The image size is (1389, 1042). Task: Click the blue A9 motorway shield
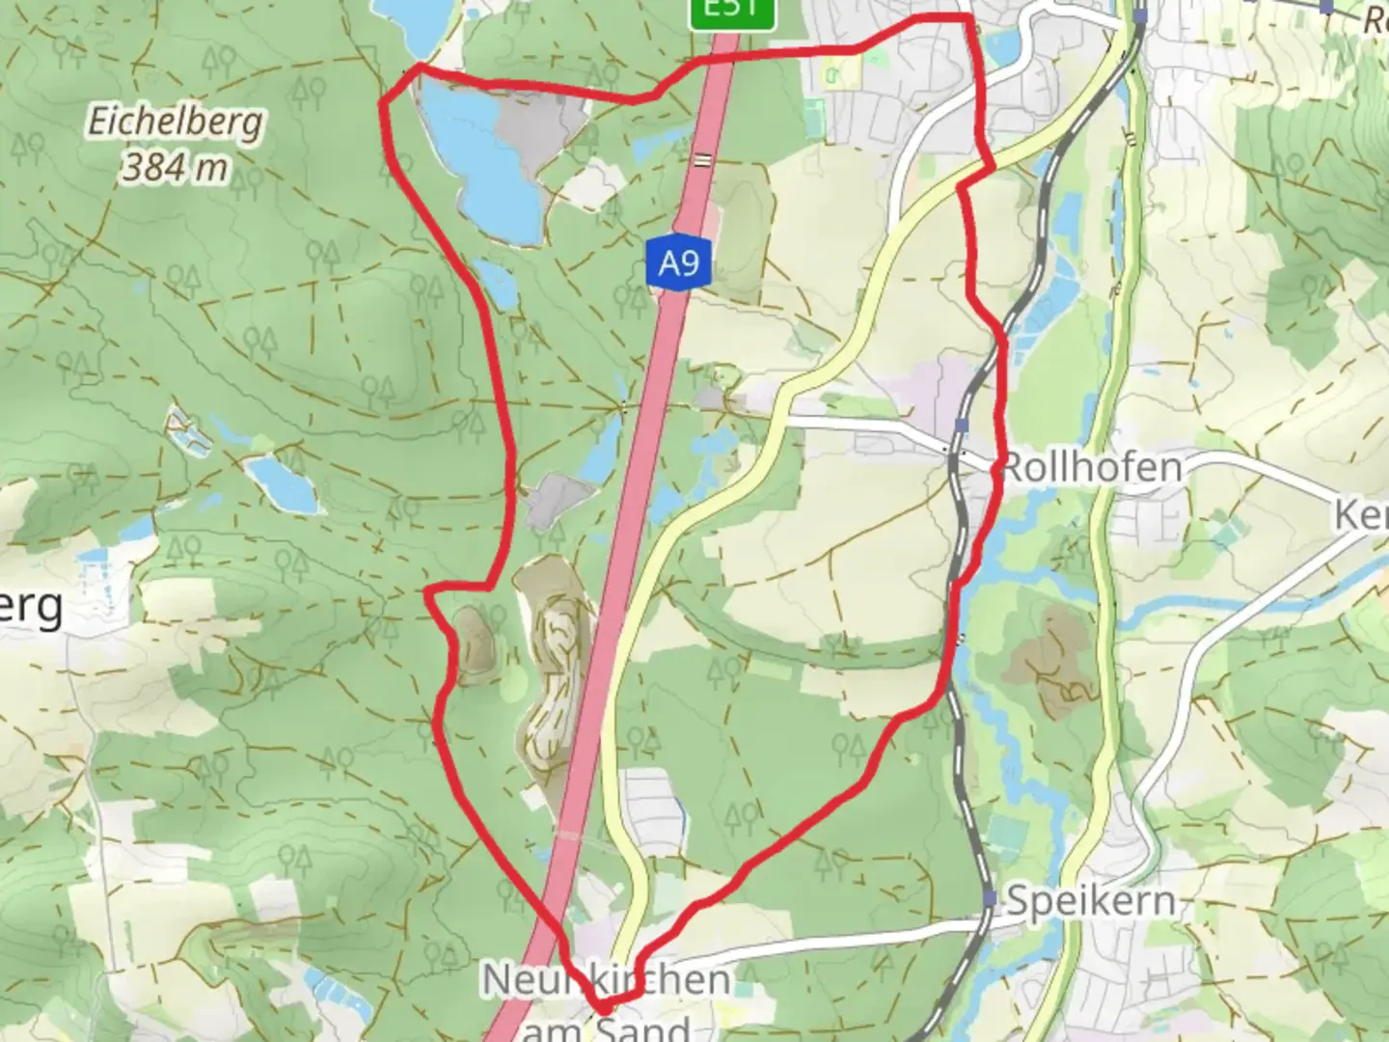pyautogui.click(x=678, y=261)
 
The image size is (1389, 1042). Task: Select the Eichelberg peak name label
pyautogui.click(x=175, y=123)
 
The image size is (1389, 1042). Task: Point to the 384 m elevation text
pyautogui.click(x=175, y=168)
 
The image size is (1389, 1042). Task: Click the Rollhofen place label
pyautogui.click(x=1092, y=468)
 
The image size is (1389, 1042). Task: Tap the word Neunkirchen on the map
pyautogui.click(x=606, y=980)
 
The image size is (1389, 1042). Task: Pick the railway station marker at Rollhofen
pyautogui.click(x=962, y=425)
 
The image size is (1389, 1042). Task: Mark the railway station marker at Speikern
pyautogui.click(x=990, y=898)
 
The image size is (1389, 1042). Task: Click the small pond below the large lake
pyautogui.click(x=497, y=283)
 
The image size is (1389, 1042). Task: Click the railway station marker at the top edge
pyautogui.click(x=1141, y=15)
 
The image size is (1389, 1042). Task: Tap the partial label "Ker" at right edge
pyautogui.click(x=1360, y=515)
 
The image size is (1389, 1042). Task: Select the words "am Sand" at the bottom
pyautogui.click(x=606, y=1027)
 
